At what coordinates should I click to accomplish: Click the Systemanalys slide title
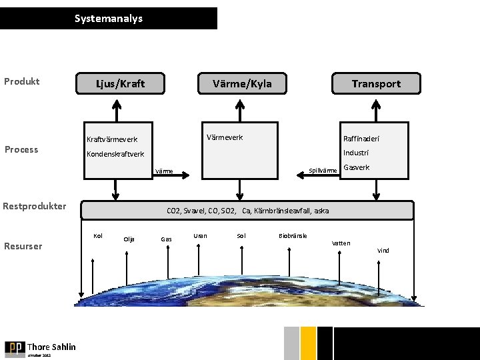click(x=108, y=19)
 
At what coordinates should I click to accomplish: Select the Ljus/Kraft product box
click(x=120, y=83)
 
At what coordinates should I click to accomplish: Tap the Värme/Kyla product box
click(x=241, y=83)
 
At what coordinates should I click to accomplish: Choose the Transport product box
click(x=376, y=83)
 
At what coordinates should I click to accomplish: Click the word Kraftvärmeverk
click(x=112, y=139)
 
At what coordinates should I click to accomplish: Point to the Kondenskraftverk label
click(x=115, y=154)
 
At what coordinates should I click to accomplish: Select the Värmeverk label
click(x=225, y=137)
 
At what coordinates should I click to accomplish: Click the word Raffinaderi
click(x=362, y=139)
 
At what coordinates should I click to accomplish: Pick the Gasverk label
click(x=356, y=167)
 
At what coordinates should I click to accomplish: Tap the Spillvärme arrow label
click(x=323, y=171)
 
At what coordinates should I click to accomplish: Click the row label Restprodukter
click(x=34, y=206)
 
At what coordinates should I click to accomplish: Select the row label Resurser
click(x=23, y=246)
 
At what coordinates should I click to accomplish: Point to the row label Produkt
click(x=22, y=81)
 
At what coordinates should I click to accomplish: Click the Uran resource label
click(x=199, y=235)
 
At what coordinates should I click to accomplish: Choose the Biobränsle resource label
click(x=293, y=235)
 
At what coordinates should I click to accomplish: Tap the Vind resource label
click(x=383, y=251)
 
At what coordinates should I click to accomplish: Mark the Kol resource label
click(x=97, y=235)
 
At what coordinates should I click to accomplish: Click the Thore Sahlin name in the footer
click(x=51, y=347)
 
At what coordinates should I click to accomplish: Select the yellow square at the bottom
click(x=308, y=343)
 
